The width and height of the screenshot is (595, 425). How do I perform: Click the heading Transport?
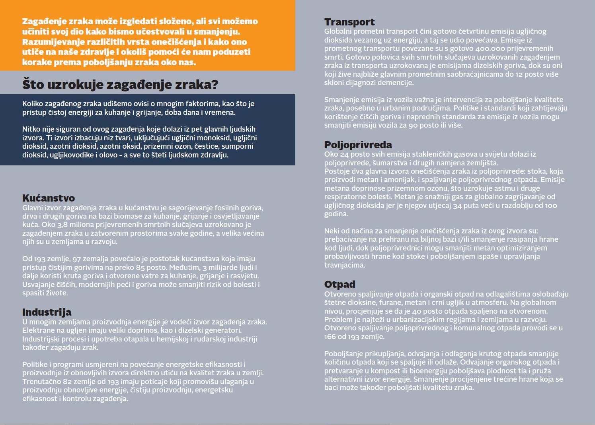click(x=349, y=22)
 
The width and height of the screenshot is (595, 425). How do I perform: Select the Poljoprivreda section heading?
click(x=358, y=145)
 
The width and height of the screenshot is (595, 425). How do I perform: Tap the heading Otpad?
click(x=339, y=284)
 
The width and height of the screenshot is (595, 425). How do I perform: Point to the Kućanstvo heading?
click(x=48, y=198)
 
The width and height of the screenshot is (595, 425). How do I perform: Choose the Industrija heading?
click(x=47, y=312)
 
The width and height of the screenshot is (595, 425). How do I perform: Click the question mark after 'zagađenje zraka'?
click(x=215, y=85)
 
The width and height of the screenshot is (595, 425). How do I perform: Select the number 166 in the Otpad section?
click(x=330, y=337)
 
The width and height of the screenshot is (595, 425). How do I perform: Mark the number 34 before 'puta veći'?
click(x=457, y=206)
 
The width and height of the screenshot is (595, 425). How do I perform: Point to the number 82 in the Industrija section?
click(x=67, y=382)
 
